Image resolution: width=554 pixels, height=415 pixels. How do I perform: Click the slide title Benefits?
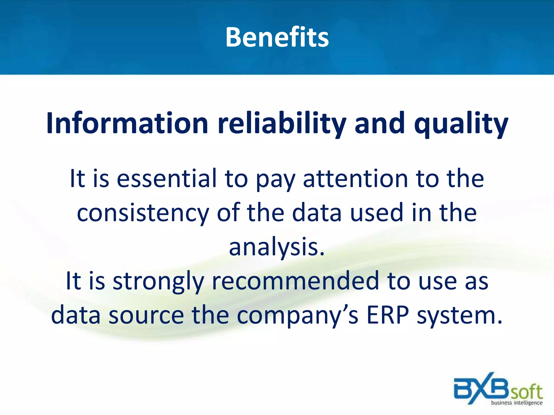click(277, 37)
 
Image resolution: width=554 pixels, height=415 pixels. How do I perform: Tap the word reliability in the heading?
click(282, 123)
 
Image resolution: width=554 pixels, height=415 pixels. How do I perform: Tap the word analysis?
click(276, 247)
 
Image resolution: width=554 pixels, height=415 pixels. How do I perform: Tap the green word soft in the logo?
click(526, 392)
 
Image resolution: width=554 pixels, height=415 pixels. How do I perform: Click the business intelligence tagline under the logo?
click(517, 403)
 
